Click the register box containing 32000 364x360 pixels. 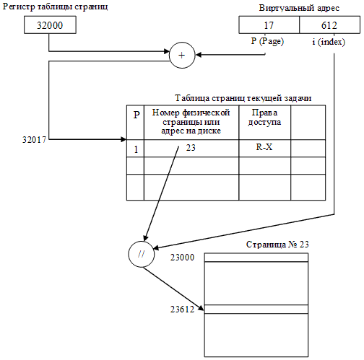tap(48, 25)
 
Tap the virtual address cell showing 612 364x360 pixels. tap(329, 25)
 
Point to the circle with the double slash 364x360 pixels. tap(141, 254)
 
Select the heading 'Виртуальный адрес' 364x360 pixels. tap(298, 7)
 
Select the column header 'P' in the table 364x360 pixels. tap(136, 114)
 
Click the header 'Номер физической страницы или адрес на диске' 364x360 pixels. tap(191, 122)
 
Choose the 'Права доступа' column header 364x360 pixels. tap(264, 118)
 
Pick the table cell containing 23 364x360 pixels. tap(191, 148)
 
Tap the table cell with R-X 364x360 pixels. tap(264, 147)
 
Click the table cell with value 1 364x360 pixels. tap(136, 149)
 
